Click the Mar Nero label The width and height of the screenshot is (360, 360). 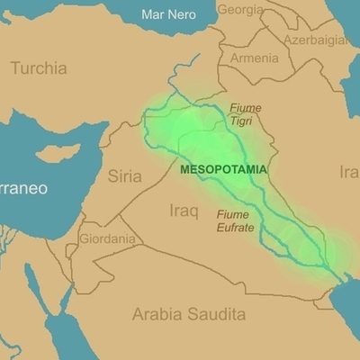click(x=168, y=14)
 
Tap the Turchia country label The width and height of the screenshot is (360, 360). click(x=38, y=67)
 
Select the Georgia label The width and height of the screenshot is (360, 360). click(x=241, y=10)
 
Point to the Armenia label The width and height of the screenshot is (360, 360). click(x=255, y=58)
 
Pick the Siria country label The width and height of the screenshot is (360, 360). click(x=125, y=175)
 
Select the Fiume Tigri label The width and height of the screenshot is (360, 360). click(x=245, y=113)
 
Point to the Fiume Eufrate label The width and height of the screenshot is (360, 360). click(x=236, y=221)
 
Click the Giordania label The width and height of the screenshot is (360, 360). click(x=108, y=239)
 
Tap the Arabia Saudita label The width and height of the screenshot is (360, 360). click(x=188, y=314)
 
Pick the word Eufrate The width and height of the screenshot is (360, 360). click(x=236, y=228)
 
